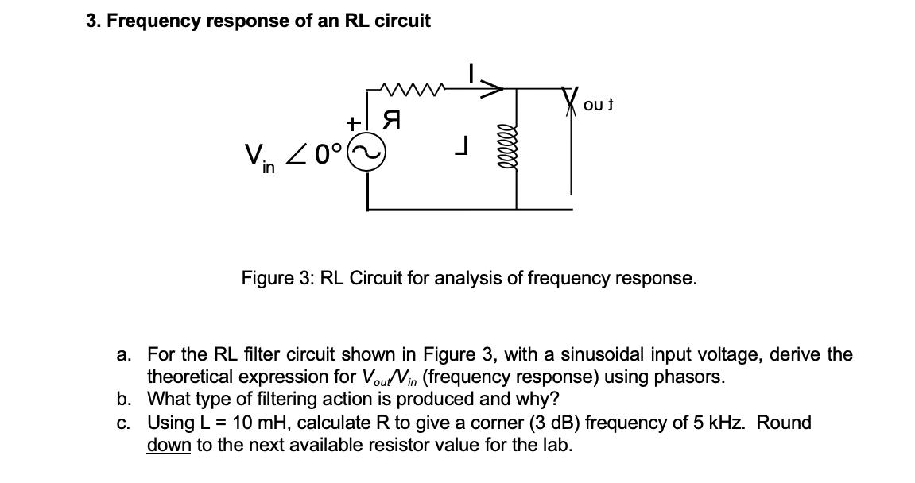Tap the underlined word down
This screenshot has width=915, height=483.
169,445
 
